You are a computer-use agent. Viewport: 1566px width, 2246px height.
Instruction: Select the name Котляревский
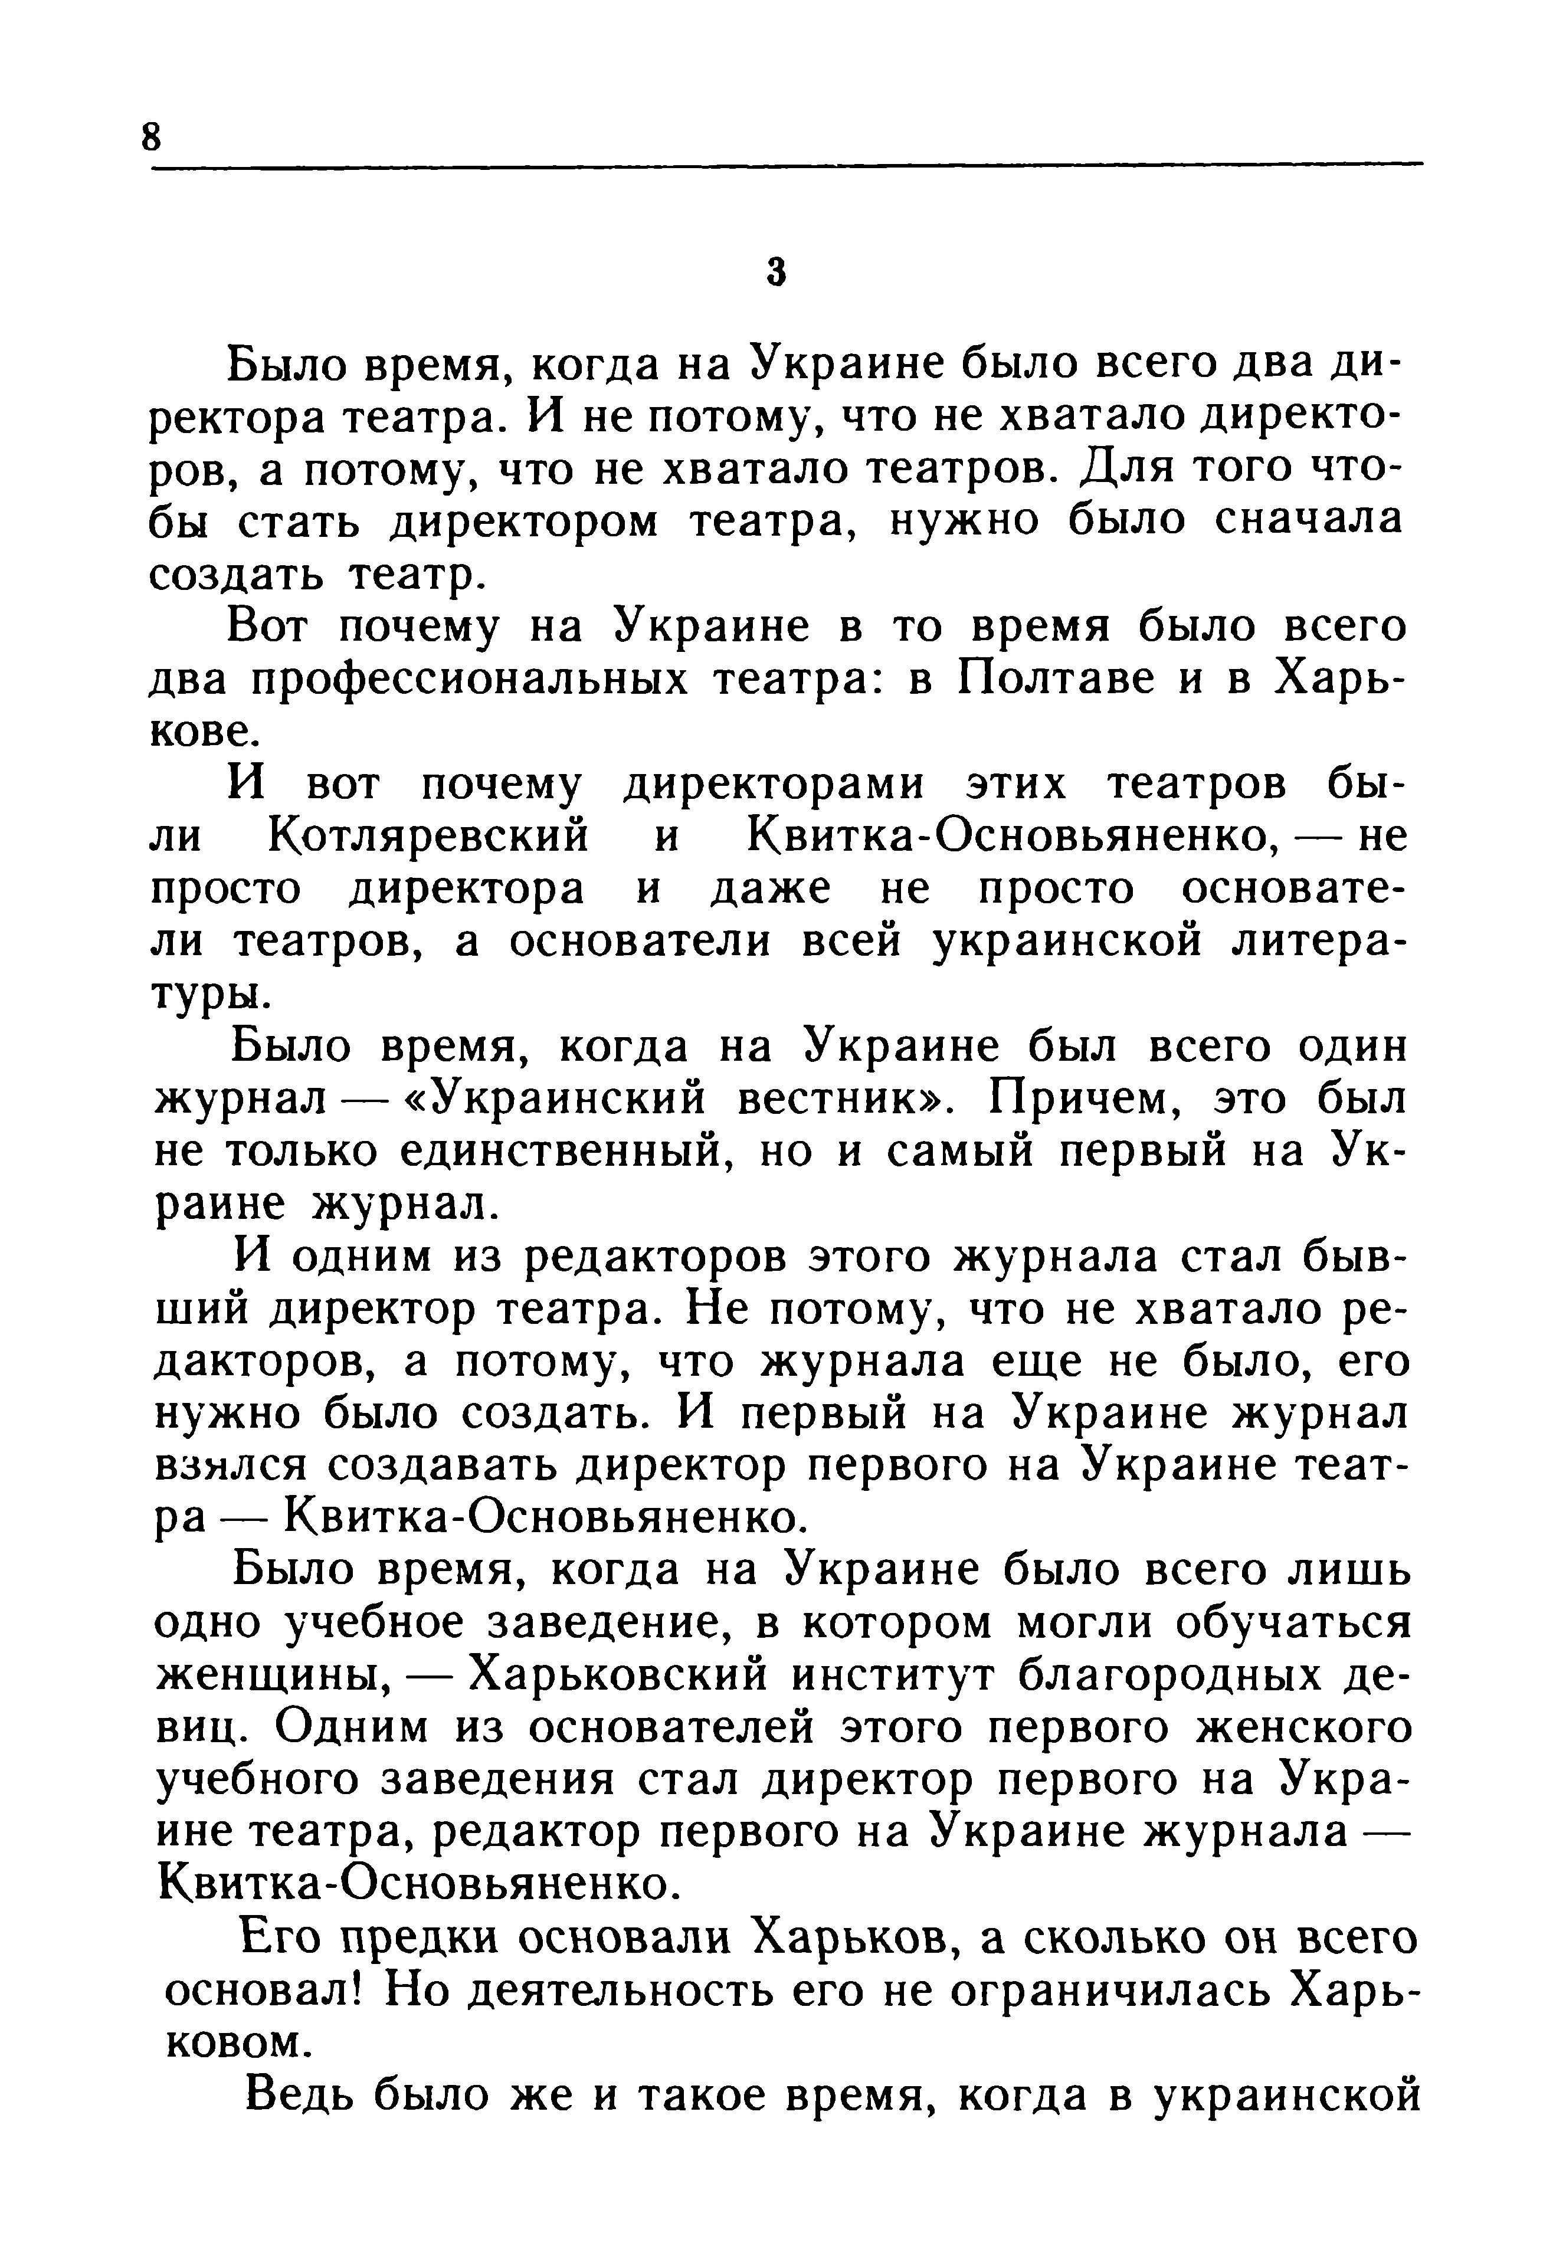[x=428, y=837]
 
